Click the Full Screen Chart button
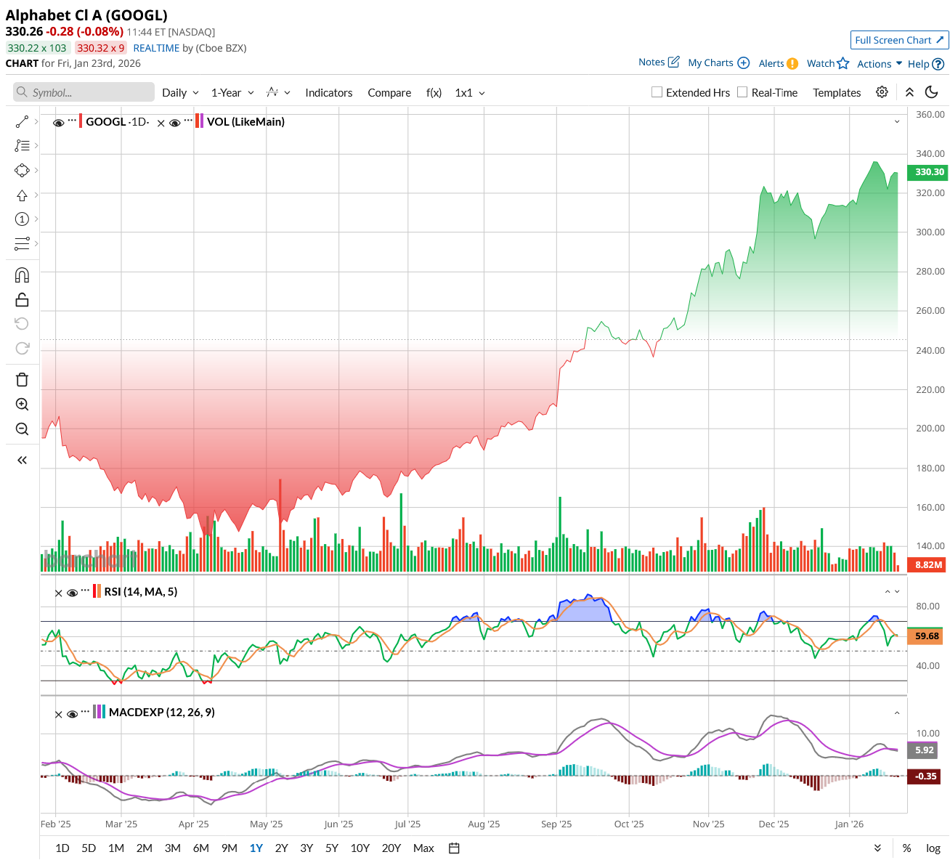coord(899,40)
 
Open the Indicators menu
coord(328,93)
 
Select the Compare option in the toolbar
coord(389,93)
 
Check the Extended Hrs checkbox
coord(657,92)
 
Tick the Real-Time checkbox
coord(742,92)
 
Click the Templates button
coord(837,93)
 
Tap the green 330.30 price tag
coord(929,172)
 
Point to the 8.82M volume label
coord(928,564)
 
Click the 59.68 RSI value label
coord(927,636)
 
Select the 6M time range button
coord(201,848)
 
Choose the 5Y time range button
coord(332,848)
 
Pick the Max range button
coord(423,848)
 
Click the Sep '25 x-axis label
coord(556,824)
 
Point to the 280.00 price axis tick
coord(930,272)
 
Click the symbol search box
coord(84,92)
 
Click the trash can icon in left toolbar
coord(22,380)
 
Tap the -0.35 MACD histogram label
coord(925,776)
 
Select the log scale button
coord(933,848)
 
